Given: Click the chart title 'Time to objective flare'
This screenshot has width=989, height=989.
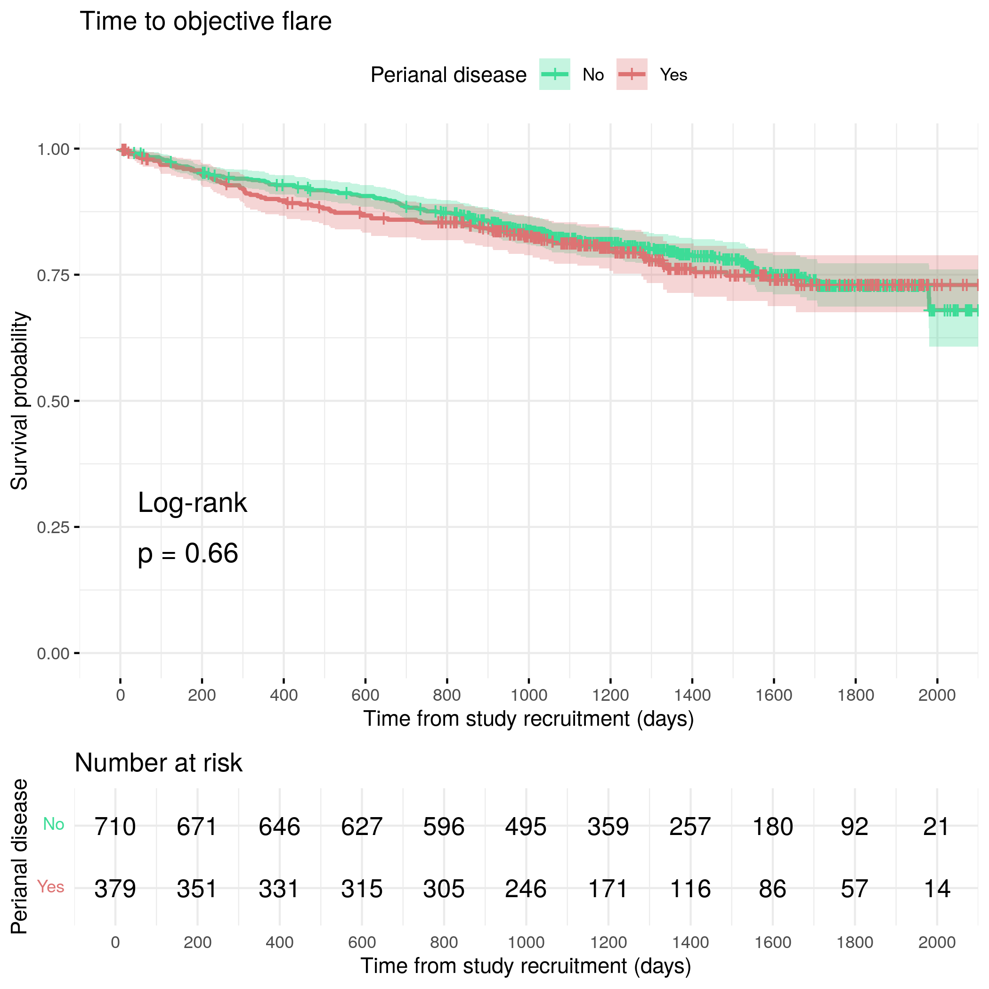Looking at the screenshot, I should (205, 22).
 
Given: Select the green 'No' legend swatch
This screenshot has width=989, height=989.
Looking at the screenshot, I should (554, 74).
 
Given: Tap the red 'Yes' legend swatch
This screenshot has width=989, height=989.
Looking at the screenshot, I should (632, 74).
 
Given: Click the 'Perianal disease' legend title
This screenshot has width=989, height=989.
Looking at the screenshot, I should (448, 75).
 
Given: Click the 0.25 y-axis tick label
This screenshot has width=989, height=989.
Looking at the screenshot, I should (53, 527).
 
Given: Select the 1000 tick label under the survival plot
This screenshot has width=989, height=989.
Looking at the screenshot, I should (529, 695).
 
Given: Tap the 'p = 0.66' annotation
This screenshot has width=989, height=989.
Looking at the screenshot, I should (188, 553).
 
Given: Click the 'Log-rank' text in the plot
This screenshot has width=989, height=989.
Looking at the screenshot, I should (193, 503).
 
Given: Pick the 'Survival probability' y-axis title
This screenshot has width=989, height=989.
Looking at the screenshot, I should (19, 401).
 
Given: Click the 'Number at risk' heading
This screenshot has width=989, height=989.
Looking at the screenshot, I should (158, 763).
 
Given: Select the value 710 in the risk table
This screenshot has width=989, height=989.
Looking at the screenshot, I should (115, 827).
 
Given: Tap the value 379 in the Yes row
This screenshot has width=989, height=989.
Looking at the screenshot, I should (115, 889).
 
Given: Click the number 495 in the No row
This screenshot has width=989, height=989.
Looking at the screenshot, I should (526, 827).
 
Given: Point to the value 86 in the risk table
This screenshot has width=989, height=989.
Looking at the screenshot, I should (772, 889).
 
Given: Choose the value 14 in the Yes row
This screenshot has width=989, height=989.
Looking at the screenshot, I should (937, 889).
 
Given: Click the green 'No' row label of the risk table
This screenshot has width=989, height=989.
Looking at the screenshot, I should (53, 824).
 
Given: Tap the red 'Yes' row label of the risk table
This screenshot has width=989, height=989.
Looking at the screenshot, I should (51, 887).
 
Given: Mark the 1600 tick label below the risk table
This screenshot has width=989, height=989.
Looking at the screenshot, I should (772, 942).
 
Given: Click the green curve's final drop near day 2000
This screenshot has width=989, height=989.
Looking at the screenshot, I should (929, 298).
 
